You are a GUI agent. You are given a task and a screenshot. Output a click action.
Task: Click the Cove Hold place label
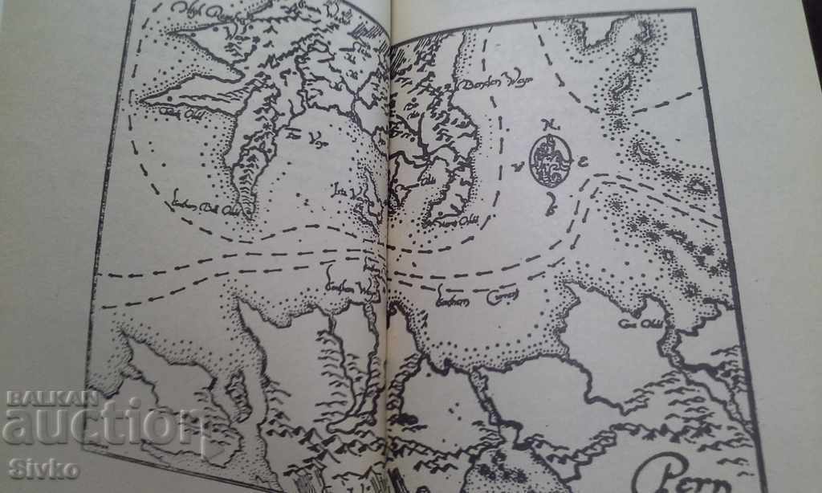click(x=633, y=324)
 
